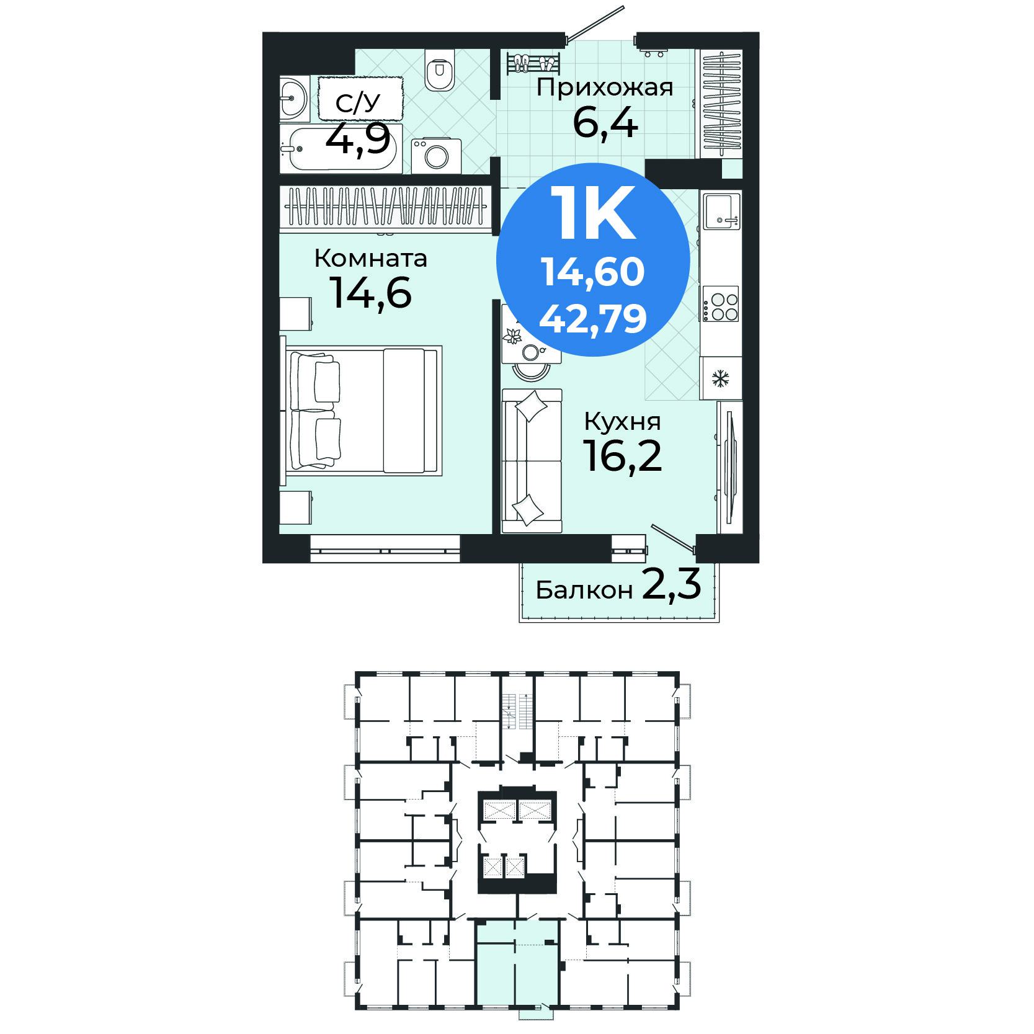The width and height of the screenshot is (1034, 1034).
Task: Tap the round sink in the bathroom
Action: click(x=293, y=99)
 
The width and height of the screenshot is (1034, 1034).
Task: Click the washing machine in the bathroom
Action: click(x=436, y=156)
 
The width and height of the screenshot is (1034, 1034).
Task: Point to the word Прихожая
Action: click(x=605, y=87)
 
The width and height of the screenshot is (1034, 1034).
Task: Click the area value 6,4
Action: click(x=605, y=123)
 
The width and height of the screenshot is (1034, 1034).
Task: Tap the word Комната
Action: click(x=371, y=258)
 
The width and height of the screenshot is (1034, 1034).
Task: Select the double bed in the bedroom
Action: click(x=363, y=411)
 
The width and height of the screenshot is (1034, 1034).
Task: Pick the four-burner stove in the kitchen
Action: click(x=721, y=304)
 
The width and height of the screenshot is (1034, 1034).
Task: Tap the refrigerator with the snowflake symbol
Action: click(x=721, y=378)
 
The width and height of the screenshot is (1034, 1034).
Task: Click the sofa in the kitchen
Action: click(x=532, y=461)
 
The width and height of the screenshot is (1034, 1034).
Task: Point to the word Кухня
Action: click(x=622, y=422)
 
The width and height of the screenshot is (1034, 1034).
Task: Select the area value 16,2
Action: click(x=622, y=457)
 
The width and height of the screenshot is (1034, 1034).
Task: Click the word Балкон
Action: click(x=584, y=590)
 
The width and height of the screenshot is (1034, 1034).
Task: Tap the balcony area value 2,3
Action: click(x=672, y=584)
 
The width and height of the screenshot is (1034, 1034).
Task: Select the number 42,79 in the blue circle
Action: click(x=593, y=319)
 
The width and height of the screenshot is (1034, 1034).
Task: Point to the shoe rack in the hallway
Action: click(x=533, y=63)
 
